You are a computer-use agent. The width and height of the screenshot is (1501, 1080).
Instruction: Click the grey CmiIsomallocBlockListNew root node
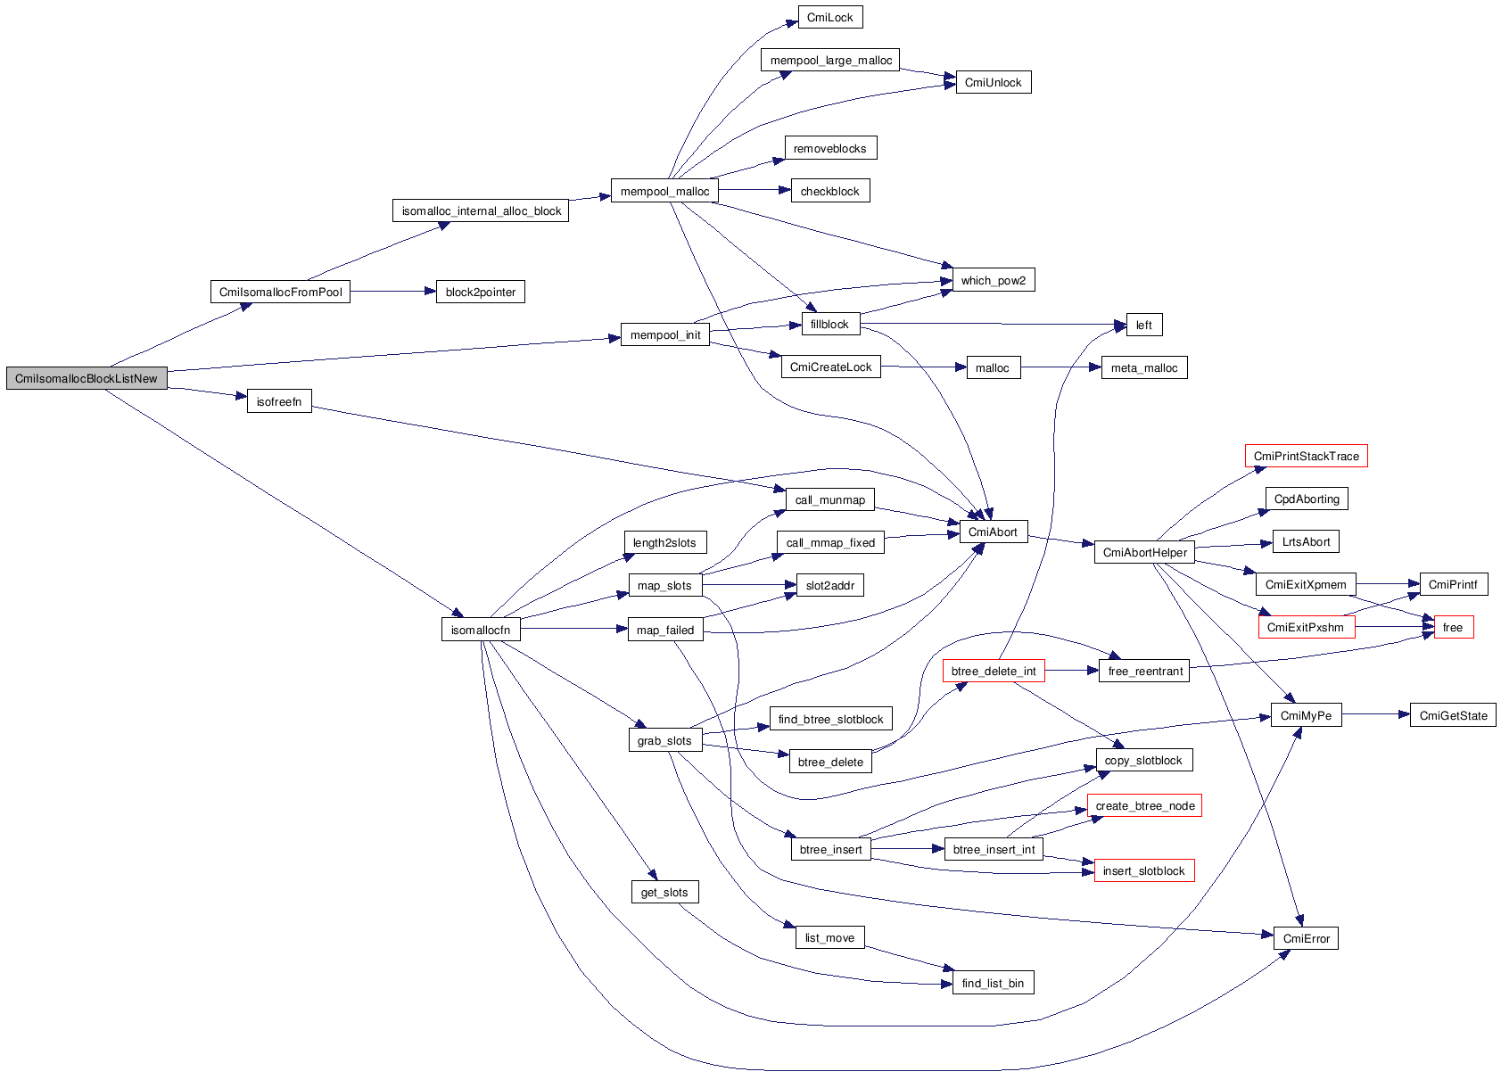point(87,378)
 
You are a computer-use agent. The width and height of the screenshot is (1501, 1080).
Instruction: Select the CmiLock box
point(829,18)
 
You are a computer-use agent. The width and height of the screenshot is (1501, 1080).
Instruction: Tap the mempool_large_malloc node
point(830,61)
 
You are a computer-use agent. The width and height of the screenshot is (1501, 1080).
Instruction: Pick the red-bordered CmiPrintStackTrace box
point(1306,457)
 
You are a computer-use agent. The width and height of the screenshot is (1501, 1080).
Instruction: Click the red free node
point(1453,628)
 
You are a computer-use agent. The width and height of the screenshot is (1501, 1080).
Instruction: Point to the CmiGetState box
point(1453,716)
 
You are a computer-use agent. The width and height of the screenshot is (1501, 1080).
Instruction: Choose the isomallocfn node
point(480,631)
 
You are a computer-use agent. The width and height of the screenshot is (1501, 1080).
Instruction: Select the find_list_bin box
point(993,984)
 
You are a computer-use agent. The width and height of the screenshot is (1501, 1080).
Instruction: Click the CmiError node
point(1306,939)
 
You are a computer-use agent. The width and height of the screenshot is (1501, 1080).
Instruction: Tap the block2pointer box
point(480,293)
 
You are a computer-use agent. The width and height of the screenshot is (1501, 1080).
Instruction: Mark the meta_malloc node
point(1143,368)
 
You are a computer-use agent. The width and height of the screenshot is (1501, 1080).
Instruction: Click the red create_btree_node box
point(1144,806)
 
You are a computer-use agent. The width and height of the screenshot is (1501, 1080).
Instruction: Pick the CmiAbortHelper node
point(1144,553)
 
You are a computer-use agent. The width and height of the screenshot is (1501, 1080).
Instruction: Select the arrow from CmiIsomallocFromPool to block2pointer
point(392,292)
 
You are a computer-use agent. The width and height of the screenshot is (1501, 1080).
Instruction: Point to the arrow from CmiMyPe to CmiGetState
point(1375,714)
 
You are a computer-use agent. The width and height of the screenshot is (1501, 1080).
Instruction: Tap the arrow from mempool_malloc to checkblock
point(755,190)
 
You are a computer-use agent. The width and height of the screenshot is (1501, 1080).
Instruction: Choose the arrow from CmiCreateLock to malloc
point(924,367)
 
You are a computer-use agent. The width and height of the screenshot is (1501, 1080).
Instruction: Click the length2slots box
point(664,543)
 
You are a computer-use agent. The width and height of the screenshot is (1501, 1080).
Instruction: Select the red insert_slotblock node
point(1143,871)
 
